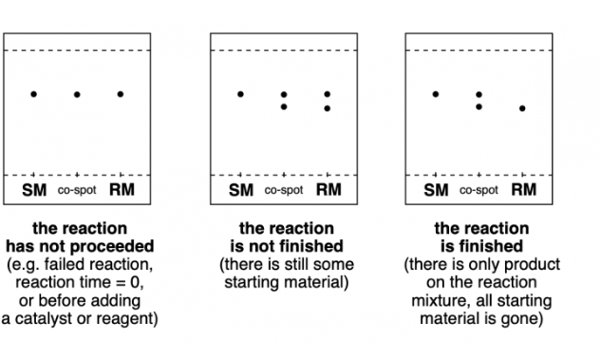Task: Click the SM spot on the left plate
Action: point(33,94)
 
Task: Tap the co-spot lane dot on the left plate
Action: point(77,94)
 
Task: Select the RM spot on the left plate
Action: point(121,94)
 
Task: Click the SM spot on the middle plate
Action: point(240,94)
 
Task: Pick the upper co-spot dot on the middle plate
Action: point(284,95)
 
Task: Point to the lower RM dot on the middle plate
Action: point(328,108)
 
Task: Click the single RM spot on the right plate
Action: point(522,108)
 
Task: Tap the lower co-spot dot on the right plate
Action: point(479,106)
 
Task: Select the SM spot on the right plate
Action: point(435,94)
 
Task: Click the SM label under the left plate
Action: point(33,190)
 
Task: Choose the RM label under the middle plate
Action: point(329,190)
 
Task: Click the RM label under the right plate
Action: point(523,190)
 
